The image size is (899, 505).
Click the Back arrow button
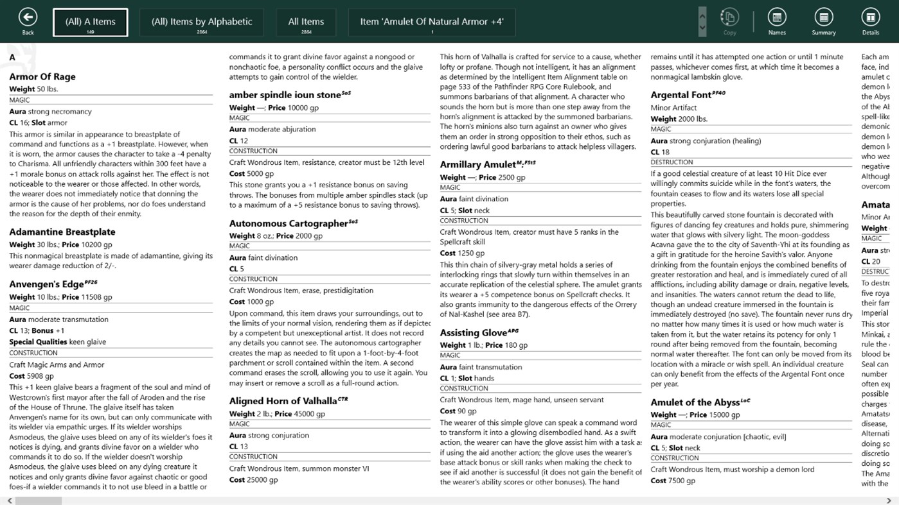pyautogui.click(x=28, y=17)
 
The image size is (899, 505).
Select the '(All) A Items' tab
pyautogui.click(x=90, y=22)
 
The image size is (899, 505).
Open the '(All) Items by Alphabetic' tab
pyautogui.click(x=202, y=22)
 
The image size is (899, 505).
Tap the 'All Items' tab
pyautogui.click(x=306, y=22)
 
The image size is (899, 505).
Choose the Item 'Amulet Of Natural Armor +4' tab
pyautogui.click(x=432, y=22)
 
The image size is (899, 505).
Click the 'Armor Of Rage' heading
pyautogui.click(x=42, y=77)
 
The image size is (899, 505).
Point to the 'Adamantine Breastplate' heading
pyautogui.click(x=62, y=232)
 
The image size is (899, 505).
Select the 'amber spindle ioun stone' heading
pyautogui.click(x=285, y=95)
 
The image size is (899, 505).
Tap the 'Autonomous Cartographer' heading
pyautogui.click(x=289, y=224)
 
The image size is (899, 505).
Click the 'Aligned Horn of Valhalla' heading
pyautogui.click(x=283, y=401)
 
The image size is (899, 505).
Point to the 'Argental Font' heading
pyautogui.click(x=681, y=95)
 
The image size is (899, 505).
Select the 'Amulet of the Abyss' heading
pyautogui.click(x=695, y=403)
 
